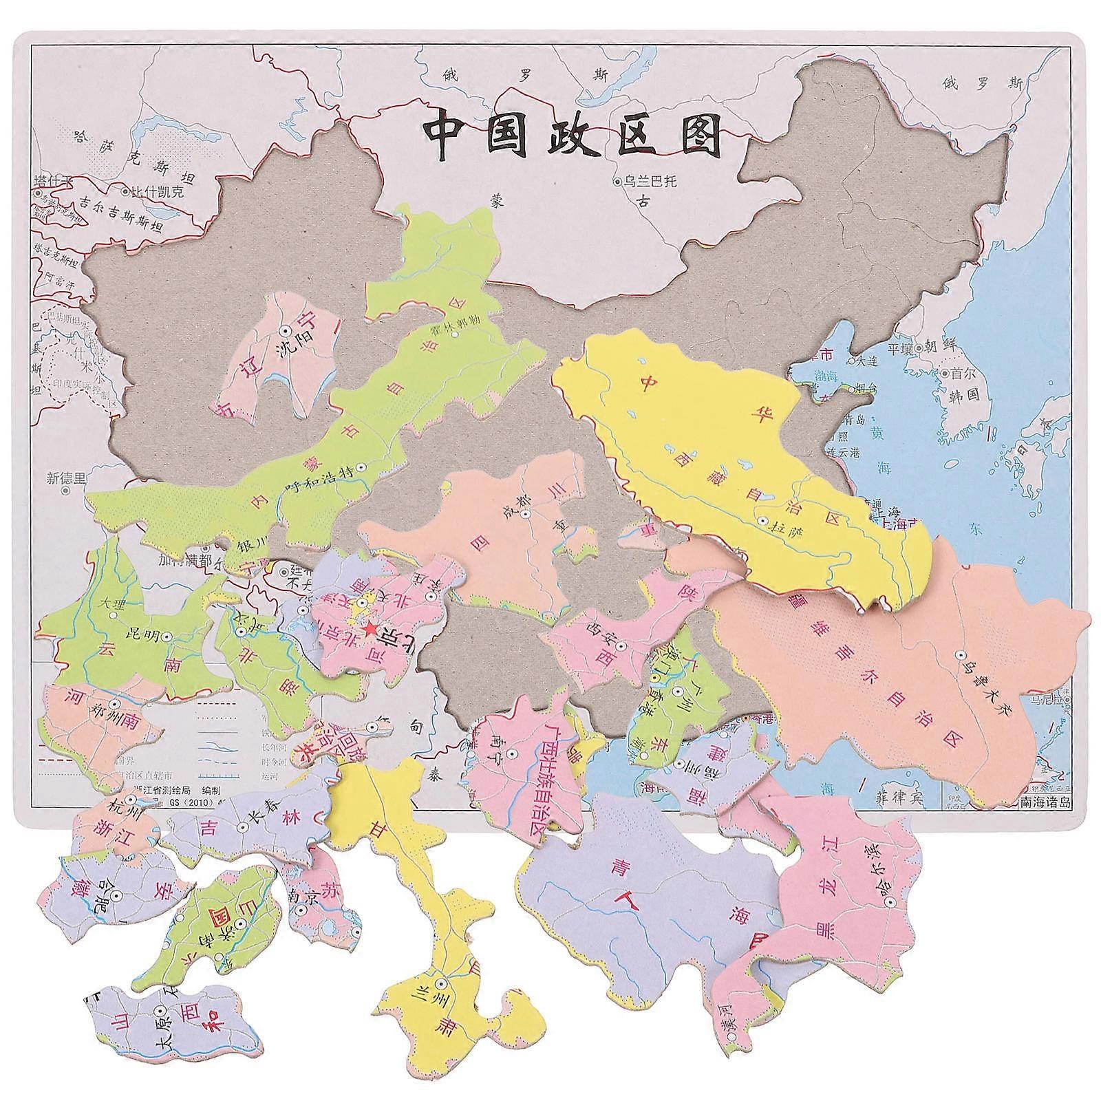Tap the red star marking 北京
coord(370,628)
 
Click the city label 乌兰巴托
coord(650,182)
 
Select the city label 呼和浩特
coord(321,484)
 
